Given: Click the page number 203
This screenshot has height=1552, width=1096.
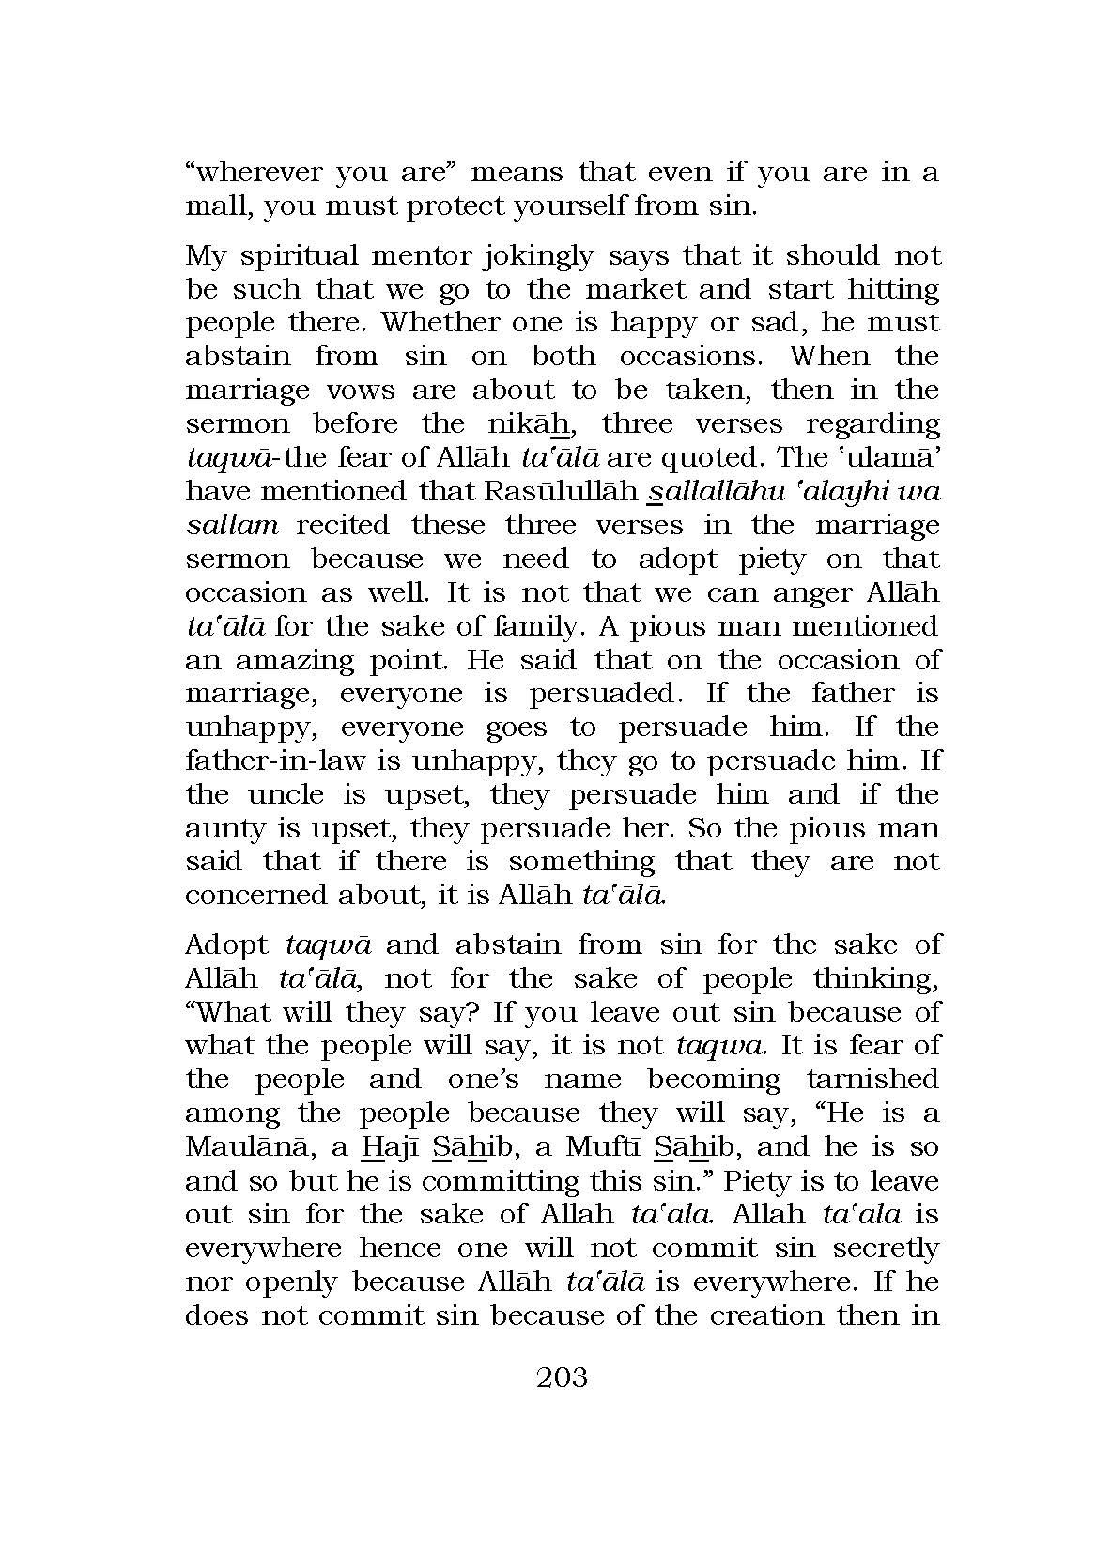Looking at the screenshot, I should click(562, 1377).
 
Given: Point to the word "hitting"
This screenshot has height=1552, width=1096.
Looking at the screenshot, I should click(893, 289).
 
